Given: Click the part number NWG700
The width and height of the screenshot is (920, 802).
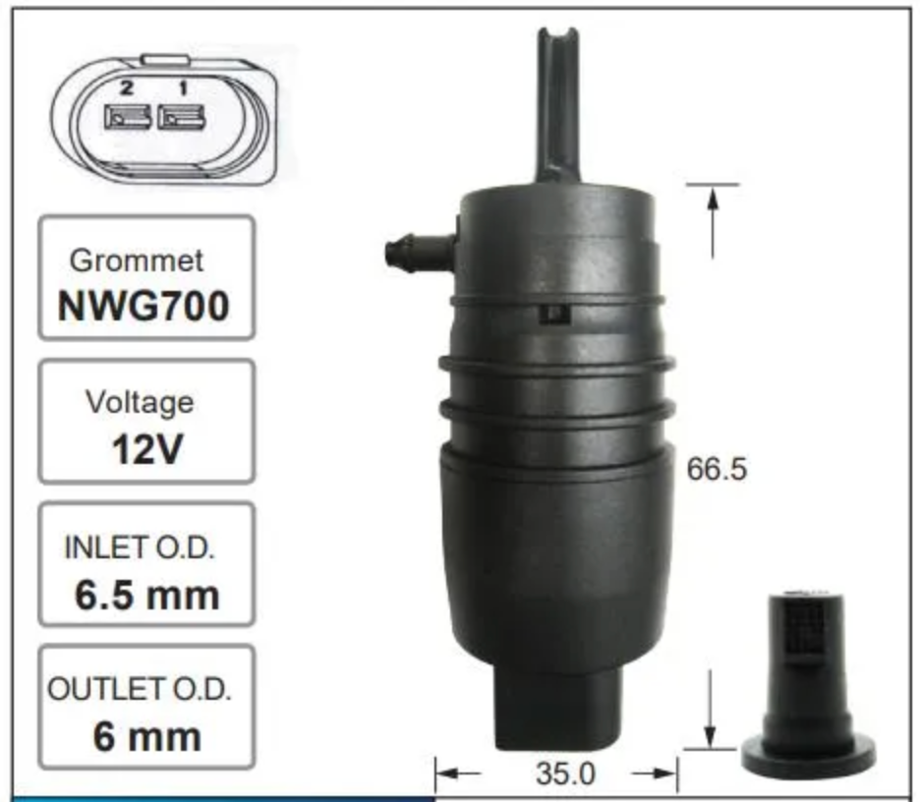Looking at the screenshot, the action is pyautogui.click(x=144, y=307).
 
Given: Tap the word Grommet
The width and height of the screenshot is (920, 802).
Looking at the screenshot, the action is pyautogui.click(x=136, y=260).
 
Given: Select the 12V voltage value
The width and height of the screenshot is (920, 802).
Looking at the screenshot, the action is pyautogui.click(x=146, y=449).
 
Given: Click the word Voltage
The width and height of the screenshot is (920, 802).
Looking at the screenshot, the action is pyautogui.click(x=140, y=402).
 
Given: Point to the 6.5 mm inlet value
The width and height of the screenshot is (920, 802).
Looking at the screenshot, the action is pyautogui.click(x=146, y=595).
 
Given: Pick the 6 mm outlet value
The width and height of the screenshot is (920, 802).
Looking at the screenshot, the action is pyautogui.click(x=146, y=737).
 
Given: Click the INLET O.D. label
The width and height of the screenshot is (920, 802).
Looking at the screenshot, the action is pyautogui.click(x=140, y=548).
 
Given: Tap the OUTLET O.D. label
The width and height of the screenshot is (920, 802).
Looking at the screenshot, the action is pyautogui.click(x=140, y=689).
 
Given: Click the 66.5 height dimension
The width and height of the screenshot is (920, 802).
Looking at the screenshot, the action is pyautogui.click(x=717, y=470).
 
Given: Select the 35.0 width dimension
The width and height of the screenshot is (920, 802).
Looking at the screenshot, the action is pyautogui.click(x=565, y=773).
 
